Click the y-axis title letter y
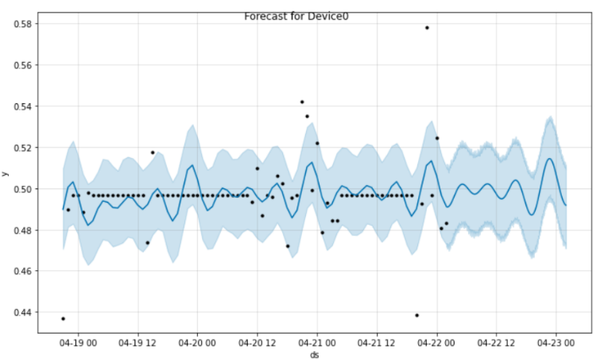[x=7, y=174]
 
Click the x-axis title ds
[x=315, y=354]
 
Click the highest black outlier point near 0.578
[x=427, y=28]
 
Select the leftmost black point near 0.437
[x=63, y=319]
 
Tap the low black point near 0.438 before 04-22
[x=416, y=315]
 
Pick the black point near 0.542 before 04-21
[x=302, y=102]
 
